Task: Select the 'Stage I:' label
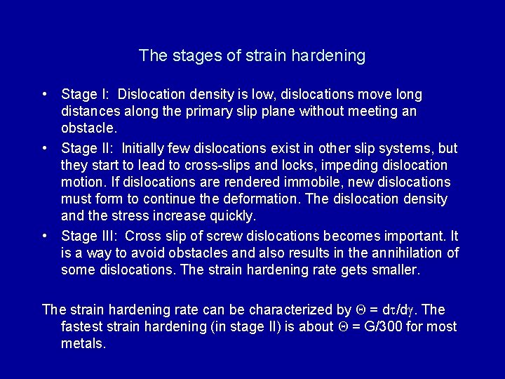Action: pos(84,94)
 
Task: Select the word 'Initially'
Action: pos(144,148)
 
